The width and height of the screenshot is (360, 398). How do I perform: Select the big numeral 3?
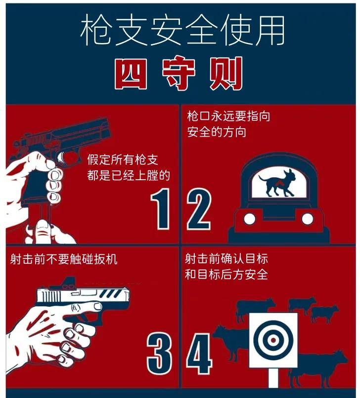click(x=160, y=355)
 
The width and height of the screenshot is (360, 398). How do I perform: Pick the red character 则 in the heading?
click(x=226, y=74)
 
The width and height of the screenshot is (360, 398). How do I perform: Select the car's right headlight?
click(x=308, y=218)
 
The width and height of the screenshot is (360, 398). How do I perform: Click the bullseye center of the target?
click(x=273, y=341)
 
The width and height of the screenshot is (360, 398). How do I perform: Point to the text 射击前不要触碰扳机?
click(x=64, y=259)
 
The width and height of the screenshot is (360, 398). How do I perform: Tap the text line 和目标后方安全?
click(x=226, y=274)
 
